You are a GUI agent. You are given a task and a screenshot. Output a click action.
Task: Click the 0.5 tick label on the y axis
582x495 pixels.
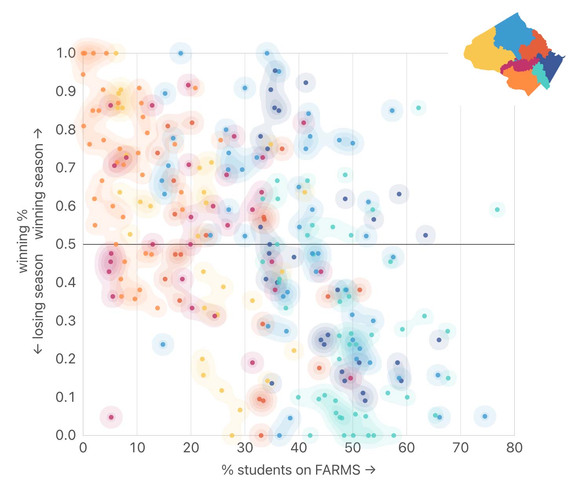tap(65, 244)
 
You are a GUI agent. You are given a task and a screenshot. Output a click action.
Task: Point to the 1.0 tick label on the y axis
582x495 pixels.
tap(65, 53)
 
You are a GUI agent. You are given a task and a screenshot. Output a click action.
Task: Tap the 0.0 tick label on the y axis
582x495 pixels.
tap(65, 435)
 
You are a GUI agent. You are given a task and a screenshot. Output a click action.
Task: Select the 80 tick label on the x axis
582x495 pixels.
tap(514, 448)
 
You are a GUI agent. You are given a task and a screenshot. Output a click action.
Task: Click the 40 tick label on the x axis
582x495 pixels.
tap(298, 448)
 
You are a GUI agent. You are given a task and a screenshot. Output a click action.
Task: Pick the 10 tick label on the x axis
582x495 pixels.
tap(137, 448)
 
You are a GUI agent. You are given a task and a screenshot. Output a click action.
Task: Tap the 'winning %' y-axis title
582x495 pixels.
tap(23, 241)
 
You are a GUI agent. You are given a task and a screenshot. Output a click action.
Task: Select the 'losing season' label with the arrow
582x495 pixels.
tap(38, 304)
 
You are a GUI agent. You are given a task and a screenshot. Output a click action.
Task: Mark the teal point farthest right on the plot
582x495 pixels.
tap(497, 210)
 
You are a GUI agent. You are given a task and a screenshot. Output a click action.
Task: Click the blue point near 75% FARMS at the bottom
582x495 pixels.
tap(485, 416)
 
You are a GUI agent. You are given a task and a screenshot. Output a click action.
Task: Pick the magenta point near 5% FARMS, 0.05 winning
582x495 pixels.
tap(111, 417)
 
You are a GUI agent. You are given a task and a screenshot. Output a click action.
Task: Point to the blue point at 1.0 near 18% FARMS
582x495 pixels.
tap(181, 53)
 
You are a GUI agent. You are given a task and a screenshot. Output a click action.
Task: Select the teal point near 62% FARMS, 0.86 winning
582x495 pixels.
tap(418, 108)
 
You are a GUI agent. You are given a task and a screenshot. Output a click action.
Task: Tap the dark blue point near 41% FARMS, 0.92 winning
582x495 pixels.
tap(306, 83)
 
